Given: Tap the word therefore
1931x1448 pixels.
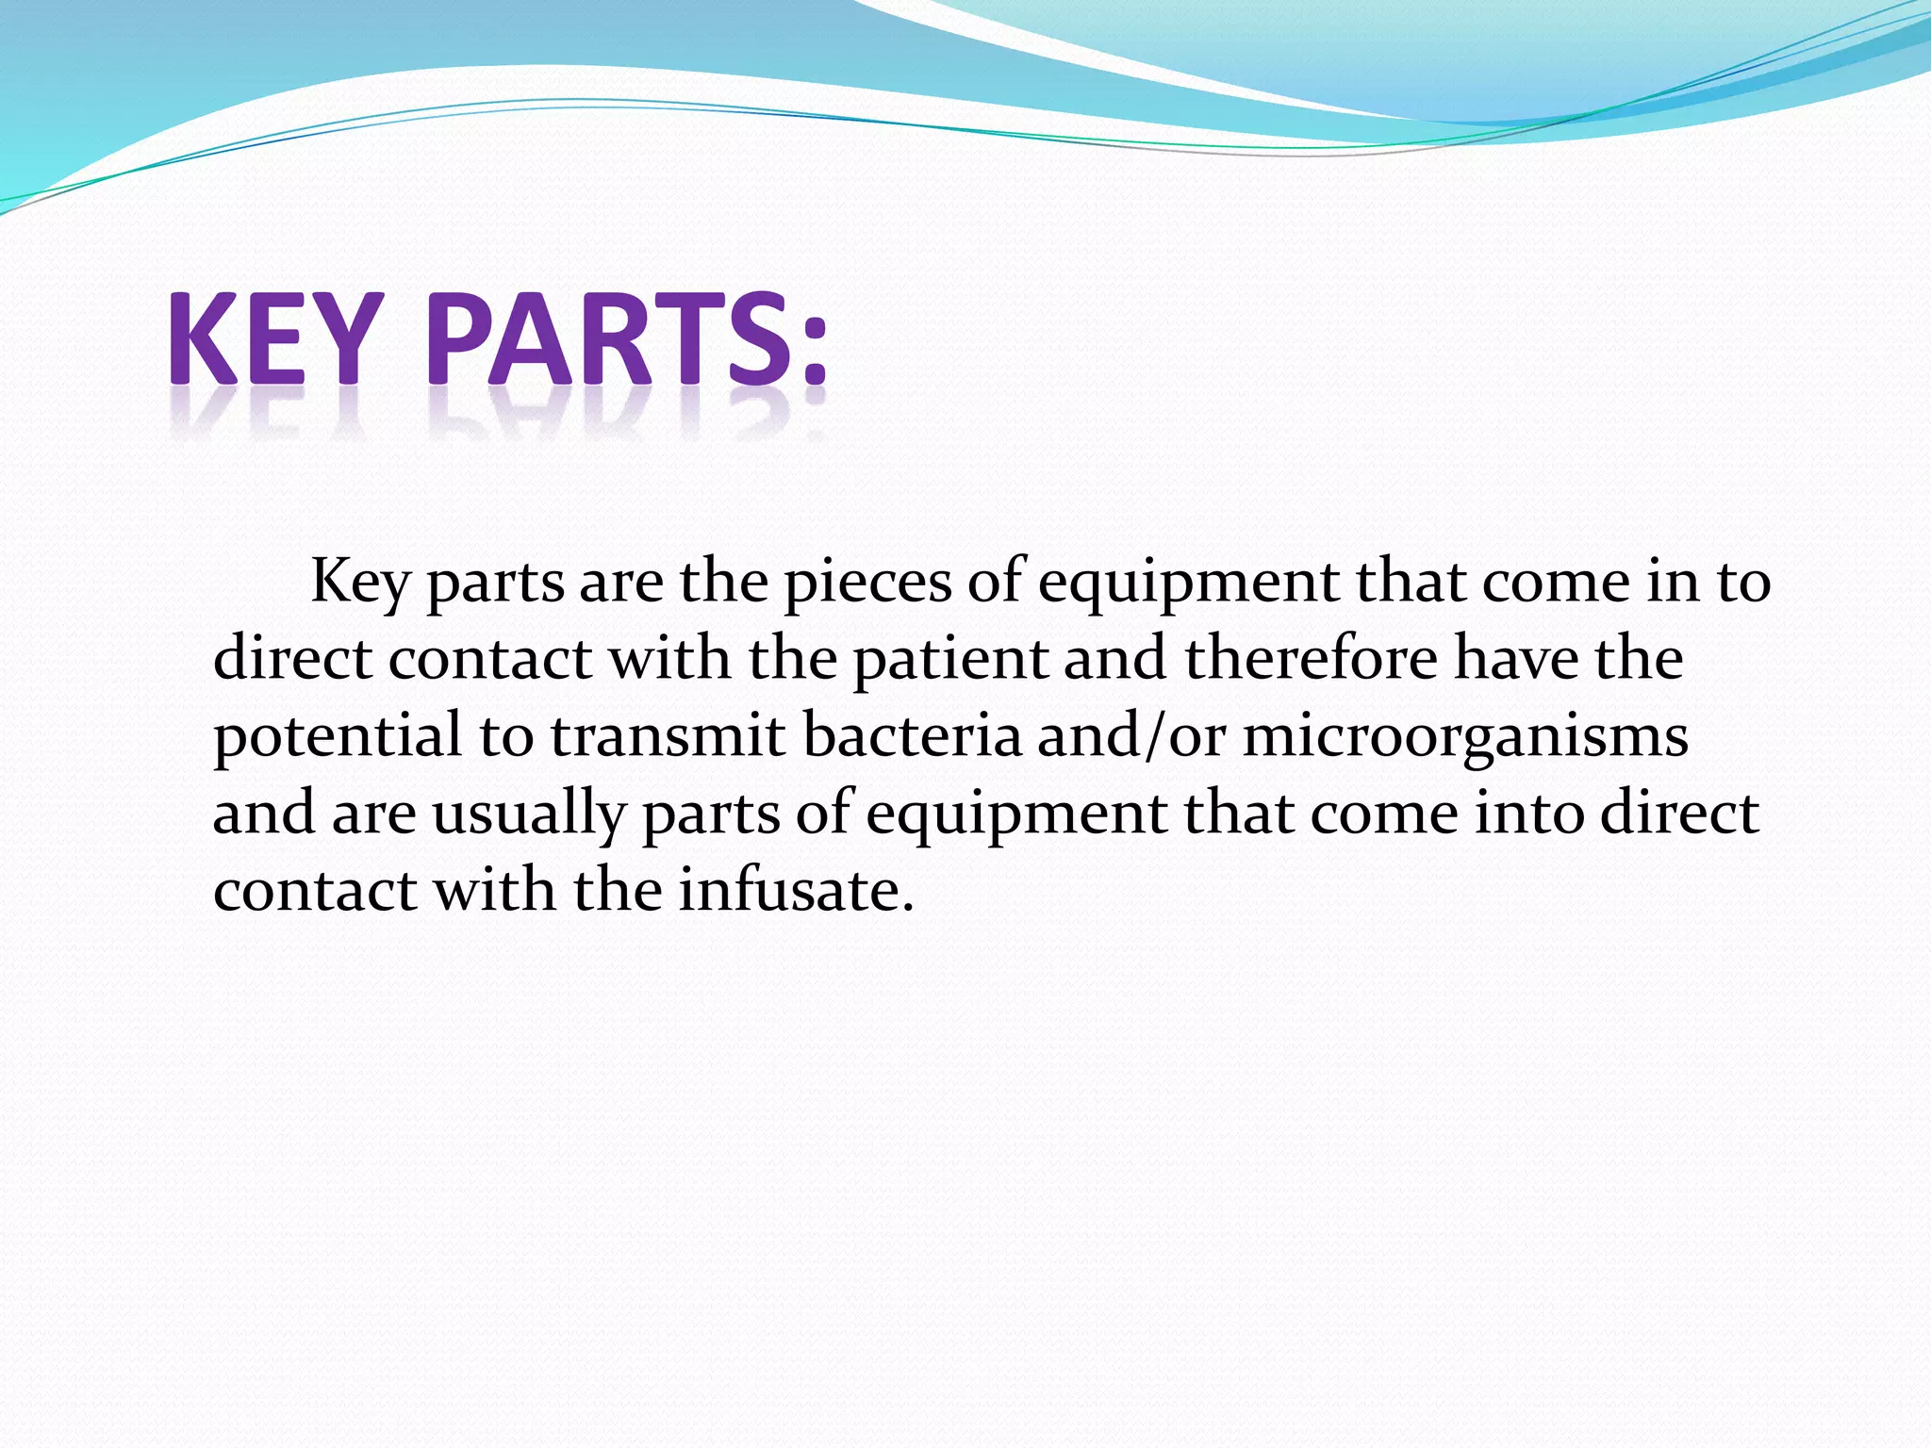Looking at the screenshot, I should click(1312, 659).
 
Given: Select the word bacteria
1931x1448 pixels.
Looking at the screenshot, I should click(912, 736).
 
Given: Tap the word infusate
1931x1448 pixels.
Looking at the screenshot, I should click(787, 890).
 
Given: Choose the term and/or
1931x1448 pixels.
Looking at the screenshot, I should click(1131, 736).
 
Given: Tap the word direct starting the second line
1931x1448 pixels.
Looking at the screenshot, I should click(292, 659).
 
